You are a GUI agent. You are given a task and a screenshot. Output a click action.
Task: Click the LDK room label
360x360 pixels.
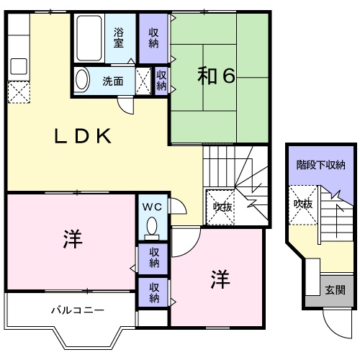[x=84, y=136]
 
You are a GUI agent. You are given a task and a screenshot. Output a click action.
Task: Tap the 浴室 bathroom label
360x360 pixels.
[x=120, y=37]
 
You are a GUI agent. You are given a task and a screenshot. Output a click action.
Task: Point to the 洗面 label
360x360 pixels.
[x=112, y=81]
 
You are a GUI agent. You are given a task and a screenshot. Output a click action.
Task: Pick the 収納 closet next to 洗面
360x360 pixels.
[x=161, y=80]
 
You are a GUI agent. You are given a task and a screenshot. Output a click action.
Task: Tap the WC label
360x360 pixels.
[x=152, y=206]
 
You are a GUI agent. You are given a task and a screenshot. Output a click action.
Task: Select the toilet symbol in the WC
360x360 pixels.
[x=152, y=229]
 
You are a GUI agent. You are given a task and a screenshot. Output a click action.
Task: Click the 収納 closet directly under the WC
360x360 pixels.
[x=154, y=258]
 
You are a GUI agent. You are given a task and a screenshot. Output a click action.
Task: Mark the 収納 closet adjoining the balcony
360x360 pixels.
[x=154, y=292]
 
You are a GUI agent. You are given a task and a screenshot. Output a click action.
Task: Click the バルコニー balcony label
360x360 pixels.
[x=77, y=311]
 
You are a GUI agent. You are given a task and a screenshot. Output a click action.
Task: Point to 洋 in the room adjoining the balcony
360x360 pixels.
[x=71, y=238]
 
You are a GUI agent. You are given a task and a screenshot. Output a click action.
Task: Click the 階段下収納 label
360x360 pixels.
[x=320, y=165]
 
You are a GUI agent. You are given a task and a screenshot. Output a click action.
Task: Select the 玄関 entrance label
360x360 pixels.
[x=335, y=290]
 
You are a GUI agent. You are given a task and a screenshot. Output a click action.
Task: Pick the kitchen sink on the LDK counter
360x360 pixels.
[x=18, y=66]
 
